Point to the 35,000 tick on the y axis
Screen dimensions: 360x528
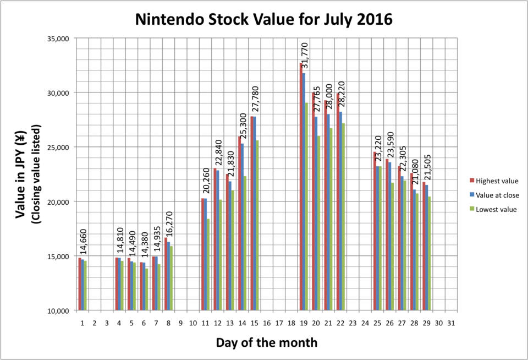[x=57, y=39]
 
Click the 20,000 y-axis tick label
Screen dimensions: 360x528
[x=57, y=202]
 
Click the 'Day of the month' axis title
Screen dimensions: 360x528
[x=267, y=342]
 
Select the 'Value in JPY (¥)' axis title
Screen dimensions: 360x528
[x=20, y=175]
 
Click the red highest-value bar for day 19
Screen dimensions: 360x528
[x=301, y=187]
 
